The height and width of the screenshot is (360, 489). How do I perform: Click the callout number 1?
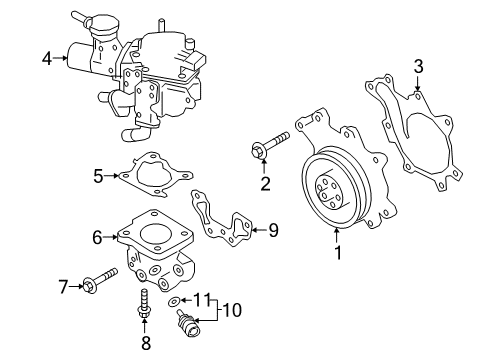tap(338, 253)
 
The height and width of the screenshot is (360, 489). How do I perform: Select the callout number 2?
tap(266, 182)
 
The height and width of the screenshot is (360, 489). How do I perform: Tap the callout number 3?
tap(419, 66)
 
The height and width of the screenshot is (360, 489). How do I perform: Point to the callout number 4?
tap(46, 59)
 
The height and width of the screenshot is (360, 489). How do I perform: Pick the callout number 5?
tap(98, 177)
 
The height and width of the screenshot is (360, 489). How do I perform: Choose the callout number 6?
tap(97, 237)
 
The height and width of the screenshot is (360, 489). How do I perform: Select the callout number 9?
tap(273, 231)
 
